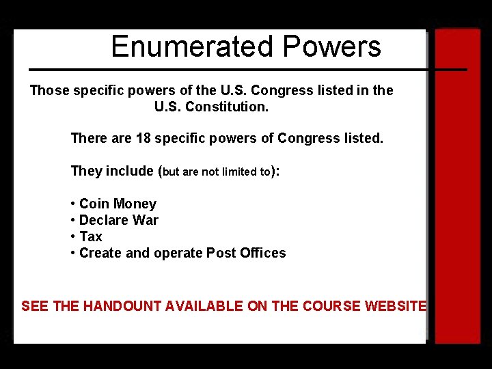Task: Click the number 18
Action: coord(143,138)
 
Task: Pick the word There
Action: coord(88,138)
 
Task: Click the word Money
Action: coord(135,204)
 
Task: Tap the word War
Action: coord(146,220)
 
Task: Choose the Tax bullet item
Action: coord(90,236)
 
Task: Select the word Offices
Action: coord(263,253)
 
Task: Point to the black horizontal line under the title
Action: coord(246,69)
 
